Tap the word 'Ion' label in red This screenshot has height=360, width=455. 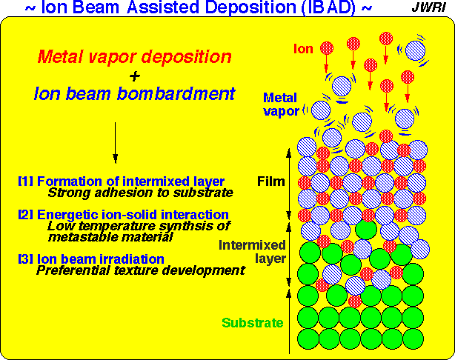pyautogui.click(x=303, y=50)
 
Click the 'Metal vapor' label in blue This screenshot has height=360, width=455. pyautogui.click(x=282, y=103)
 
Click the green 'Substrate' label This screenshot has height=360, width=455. pyautogui.click(x=252, y=323)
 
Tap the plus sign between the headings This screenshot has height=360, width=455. pyautogui.click(x=133, y=76)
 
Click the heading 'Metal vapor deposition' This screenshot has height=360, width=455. pyautogui.click(x=134, y=56)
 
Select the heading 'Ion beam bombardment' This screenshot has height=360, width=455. pyautogui.click(x=134, y=94)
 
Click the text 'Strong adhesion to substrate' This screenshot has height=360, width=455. pyautogui.click(x=140, y=193)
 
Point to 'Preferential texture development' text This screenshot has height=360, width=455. pyautogui.click(x=140, y=270)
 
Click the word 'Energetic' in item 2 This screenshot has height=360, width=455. pyautogui.click(x=65, y=215)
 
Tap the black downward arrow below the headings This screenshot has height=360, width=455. pyautogui.click(x=115, y=141)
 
